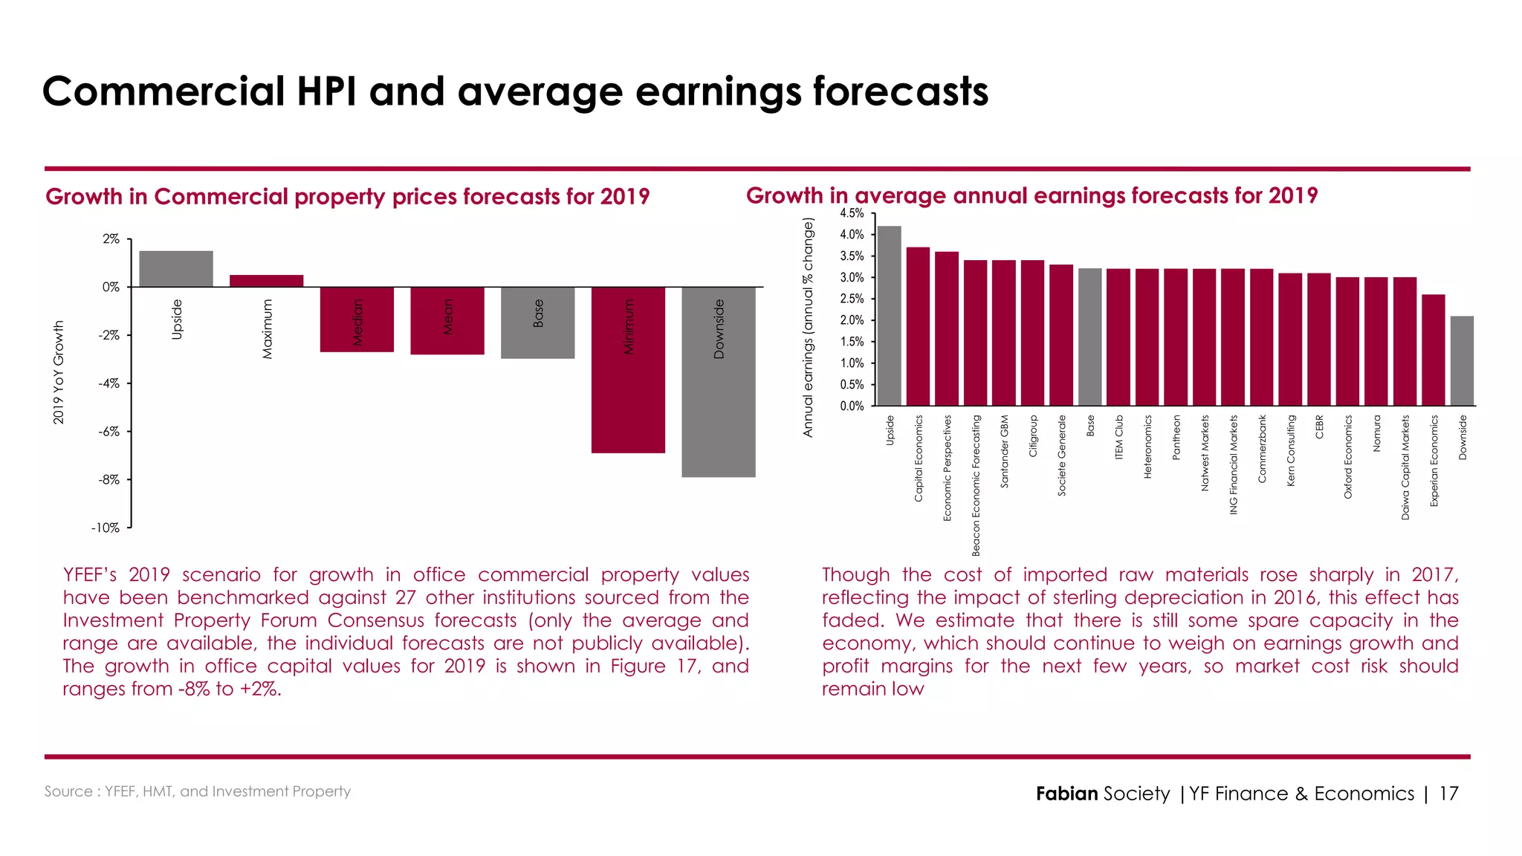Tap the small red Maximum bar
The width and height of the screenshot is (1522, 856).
tap(266, 281)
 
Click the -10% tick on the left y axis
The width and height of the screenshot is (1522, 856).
tap(106, 528)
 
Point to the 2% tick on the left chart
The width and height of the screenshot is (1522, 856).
tap(111, 239)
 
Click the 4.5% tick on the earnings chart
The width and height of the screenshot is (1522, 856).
tap(852, 213)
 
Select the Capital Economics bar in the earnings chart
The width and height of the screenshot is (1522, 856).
tap(918, 327)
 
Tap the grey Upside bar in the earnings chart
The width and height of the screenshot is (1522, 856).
tap(890, 316)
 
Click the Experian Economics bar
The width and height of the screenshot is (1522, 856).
tap(1434, 350)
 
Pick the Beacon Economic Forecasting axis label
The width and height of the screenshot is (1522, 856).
tap(976, 485)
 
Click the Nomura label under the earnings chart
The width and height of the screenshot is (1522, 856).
tap(1376, 433)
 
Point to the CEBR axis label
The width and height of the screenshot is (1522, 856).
tap(1319, 427)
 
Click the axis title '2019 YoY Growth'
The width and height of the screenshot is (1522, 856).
tap(59, 373)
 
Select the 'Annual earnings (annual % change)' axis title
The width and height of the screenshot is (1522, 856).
tap(809, 327)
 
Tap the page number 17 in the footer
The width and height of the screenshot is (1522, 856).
tap(1448, 794)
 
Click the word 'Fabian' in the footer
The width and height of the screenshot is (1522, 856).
tap(1066, 794)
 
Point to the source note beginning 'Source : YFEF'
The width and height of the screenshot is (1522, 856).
tap(197, 791)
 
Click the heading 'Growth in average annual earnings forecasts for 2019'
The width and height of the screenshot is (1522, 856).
tap(1032, 195)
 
